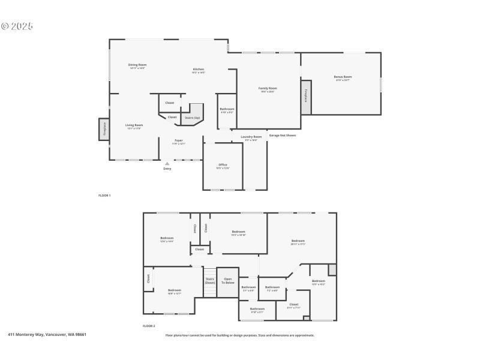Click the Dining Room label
coord(137,65)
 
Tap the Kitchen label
coord(198,70)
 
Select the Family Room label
coord(268,89)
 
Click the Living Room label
coord(134,126)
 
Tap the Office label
coord(223,166)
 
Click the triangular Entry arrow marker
coord(167,163)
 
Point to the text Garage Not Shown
coord(282,135)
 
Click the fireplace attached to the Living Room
coord(104,129)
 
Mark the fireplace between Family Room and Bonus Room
coord(306,97)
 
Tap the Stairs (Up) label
coord(192,118)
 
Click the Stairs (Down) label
coord(210,280)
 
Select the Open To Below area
coord(227,280)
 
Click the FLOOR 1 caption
coord(104,196)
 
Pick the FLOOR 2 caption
coord(149,326)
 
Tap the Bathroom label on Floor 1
coord(227,110)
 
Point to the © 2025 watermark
coord(17,26)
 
